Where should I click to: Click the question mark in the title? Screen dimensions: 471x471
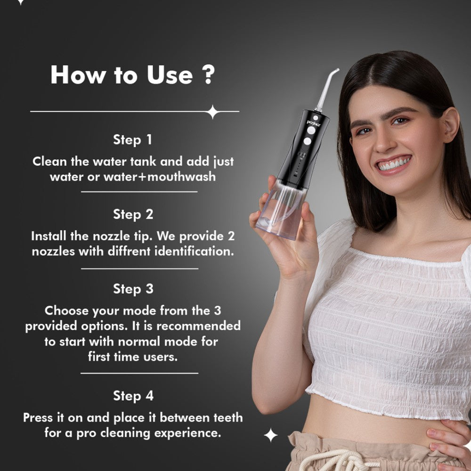209,75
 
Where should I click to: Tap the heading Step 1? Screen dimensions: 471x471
132,140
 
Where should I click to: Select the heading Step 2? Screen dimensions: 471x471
133,214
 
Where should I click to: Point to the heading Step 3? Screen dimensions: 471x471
133,289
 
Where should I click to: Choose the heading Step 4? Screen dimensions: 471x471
133,396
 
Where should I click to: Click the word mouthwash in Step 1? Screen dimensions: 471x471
181,177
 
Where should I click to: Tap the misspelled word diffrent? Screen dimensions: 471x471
130,251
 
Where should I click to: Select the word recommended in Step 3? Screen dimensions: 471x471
199,325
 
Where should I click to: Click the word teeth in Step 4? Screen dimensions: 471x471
228,417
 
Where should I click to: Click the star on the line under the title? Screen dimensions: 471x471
213,112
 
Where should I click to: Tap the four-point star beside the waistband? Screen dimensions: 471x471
270,435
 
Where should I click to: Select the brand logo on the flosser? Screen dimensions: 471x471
314,123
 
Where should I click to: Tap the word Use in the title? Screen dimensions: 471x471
170,75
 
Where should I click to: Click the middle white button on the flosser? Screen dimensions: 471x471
311,130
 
